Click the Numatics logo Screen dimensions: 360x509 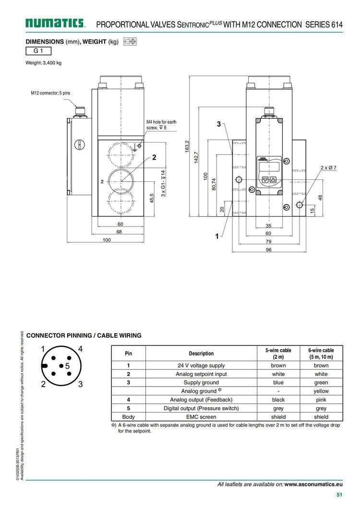(x=55, y=23)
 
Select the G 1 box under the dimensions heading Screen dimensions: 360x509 (x=38, y=51)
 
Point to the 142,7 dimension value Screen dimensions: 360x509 (x=196, y=157)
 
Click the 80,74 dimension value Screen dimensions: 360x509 (x=214, y=184)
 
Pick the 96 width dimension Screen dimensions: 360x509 (x=269, y=249)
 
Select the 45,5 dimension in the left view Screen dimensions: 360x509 (x=152, y=198)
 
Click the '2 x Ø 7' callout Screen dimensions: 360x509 (x=328, y=168)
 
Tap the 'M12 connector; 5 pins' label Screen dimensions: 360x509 (x=50, y=93)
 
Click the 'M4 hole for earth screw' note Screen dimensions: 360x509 (x=161, y=125)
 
